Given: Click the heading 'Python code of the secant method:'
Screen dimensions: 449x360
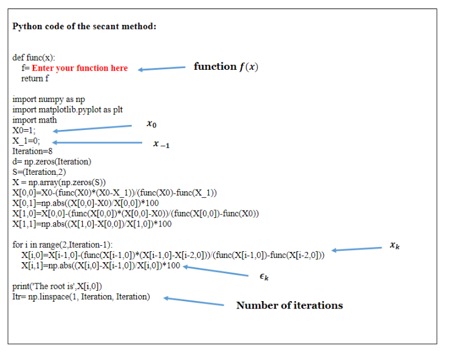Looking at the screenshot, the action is pyautogui.click(x=84, y=26).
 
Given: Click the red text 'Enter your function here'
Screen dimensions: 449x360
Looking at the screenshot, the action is pyautogui.click(x=80, y=68).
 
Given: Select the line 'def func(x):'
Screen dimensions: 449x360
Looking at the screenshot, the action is pyautogui.click(x=34, y=58).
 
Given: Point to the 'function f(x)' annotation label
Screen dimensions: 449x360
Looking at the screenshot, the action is pyautogui.click(x=225, y=66).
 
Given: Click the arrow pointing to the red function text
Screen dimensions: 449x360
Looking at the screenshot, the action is pyautogui.click(x=161, y=69).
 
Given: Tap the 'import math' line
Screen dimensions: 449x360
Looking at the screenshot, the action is pyautogui.click(x=35, y=120).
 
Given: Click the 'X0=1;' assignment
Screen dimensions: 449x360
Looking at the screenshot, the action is pyautogui.click(x=24, y=131).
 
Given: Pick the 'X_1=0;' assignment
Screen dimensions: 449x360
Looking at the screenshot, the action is pyautogui.click(x=26, y=141).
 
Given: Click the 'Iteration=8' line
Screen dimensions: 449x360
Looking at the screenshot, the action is pyautogui.click(x=32, y=151).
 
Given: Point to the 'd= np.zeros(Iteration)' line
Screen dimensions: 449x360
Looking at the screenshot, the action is pyautogui.click(x=52, y=161).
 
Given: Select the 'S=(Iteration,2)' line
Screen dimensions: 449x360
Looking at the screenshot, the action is pyautogui.click(x=39, y=172).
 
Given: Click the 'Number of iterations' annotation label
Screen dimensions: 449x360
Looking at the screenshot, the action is pyautogui.click(x=289, y=305).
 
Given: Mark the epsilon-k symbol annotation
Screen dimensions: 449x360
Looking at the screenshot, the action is pyautogui.click(x=264, y=277).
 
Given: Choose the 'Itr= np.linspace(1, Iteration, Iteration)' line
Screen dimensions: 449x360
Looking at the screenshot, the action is pyautogui.click(x=80, y=296).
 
